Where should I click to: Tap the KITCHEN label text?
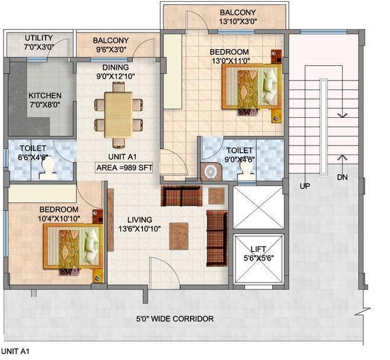(44, 95)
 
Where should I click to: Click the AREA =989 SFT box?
(125, 168)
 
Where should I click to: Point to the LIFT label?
(258, 250)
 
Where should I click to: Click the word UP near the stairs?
(305, 186)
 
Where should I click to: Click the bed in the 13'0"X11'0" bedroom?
(251, 88)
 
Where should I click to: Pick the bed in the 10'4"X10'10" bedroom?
(71, 246)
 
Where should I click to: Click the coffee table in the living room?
(179, 236)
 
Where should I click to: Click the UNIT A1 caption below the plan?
(15, 352)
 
